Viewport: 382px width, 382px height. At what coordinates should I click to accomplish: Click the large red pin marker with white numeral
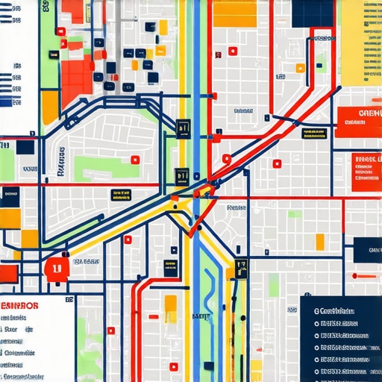point(56,268)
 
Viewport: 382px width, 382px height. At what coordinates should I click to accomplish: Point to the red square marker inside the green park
point(135,159)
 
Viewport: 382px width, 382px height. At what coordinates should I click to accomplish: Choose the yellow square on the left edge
point(9,218)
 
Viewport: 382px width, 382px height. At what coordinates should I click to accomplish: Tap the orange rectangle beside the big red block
point(49,105)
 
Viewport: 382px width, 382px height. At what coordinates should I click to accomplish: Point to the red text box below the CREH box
point(366,169)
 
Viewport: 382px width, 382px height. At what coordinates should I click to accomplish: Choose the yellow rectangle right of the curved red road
point(320,242)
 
